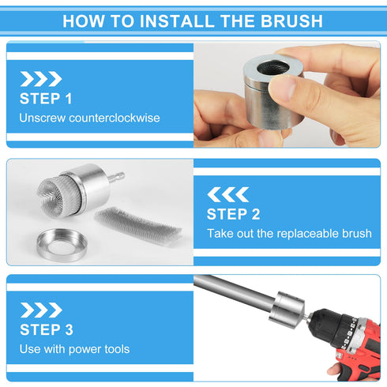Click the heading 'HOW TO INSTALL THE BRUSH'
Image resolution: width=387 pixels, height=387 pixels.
point(193,21)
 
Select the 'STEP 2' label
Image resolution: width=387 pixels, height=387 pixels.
point(233,214)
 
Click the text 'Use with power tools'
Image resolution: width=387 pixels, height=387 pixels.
point(74,349)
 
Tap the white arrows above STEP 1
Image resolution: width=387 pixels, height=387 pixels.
point(40,78)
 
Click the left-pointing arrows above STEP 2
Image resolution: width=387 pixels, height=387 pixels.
point(228,194)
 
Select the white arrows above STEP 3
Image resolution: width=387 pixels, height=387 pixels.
point(40,310)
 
